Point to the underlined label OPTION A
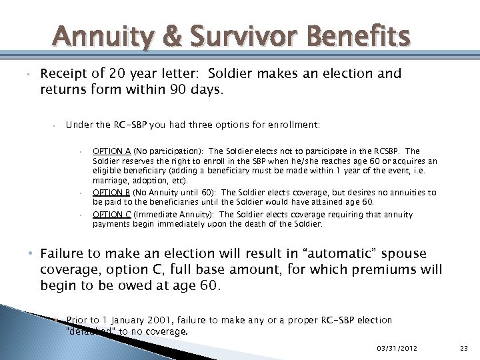click(111, 151)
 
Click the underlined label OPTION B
click(111, 192)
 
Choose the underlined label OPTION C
click(111, 215)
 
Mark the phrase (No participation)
click(167, 151)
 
